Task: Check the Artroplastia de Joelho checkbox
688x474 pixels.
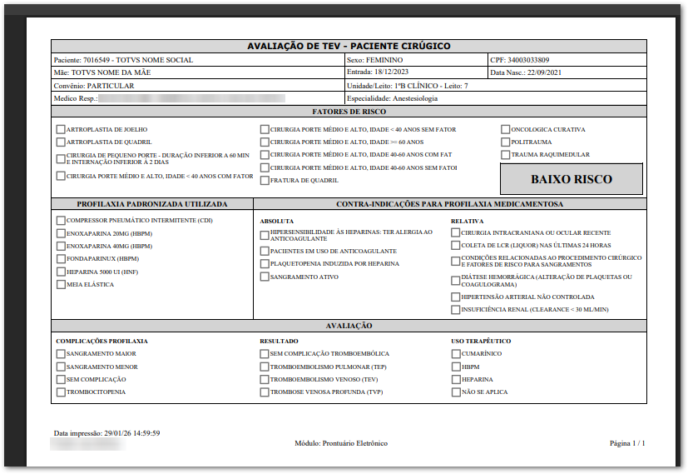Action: [61, 130]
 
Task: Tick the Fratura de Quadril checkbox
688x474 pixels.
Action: [265, 181]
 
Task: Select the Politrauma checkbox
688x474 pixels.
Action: [505, 142]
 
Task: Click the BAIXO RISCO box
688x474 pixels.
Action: [571, 179]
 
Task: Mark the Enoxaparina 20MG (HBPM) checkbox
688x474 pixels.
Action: [61, 233]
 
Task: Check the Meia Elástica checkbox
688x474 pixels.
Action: [61, 285]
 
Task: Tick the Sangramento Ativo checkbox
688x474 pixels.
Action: [265, 277]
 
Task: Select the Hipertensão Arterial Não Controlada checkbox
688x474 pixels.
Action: [455, 297]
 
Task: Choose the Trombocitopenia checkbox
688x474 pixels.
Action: [61, 392]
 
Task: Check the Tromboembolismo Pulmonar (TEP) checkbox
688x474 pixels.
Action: [265, 367]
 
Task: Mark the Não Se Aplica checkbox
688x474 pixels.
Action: [455, 392]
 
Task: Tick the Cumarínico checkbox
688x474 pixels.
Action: [455, 354]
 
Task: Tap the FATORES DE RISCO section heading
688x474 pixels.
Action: [349, 111]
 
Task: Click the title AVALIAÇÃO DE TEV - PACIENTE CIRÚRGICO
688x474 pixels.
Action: [349, 47]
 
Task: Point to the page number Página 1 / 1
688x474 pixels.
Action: [627, 443]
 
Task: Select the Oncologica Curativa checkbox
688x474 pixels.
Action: [505, 130]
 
